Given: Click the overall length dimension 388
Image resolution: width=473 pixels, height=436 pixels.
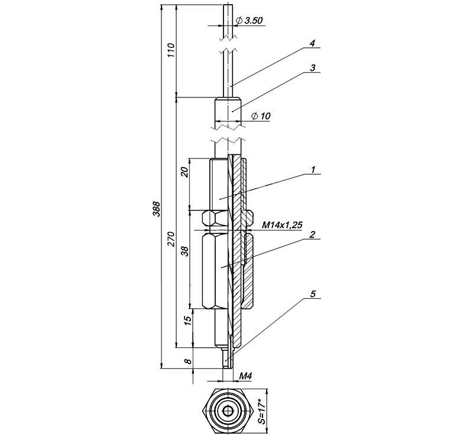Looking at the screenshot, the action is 157,209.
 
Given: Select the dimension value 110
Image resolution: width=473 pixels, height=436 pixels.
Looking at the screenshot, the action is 171,50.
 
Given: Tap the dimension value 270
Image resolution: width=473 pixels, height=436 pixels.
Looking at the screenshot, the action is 171,239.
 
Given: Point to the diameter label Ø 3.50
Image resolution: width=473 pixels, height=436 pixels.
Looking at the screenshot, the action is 249,21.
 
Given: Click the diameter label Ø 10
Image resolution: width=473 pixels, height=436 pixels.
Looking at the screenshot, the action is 261,116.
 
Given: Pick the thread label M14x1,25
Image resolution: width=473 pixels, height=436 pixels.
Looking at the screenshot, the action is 282,225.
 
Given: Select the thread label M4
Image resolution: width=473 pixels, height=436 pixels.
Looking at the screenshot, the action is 245,376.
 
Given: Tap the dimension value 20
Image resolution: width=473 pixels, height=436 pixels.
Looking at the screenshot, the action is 186,171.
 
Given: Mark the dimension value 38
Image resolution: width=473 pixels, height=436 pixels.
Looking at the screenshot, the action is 186,251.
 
